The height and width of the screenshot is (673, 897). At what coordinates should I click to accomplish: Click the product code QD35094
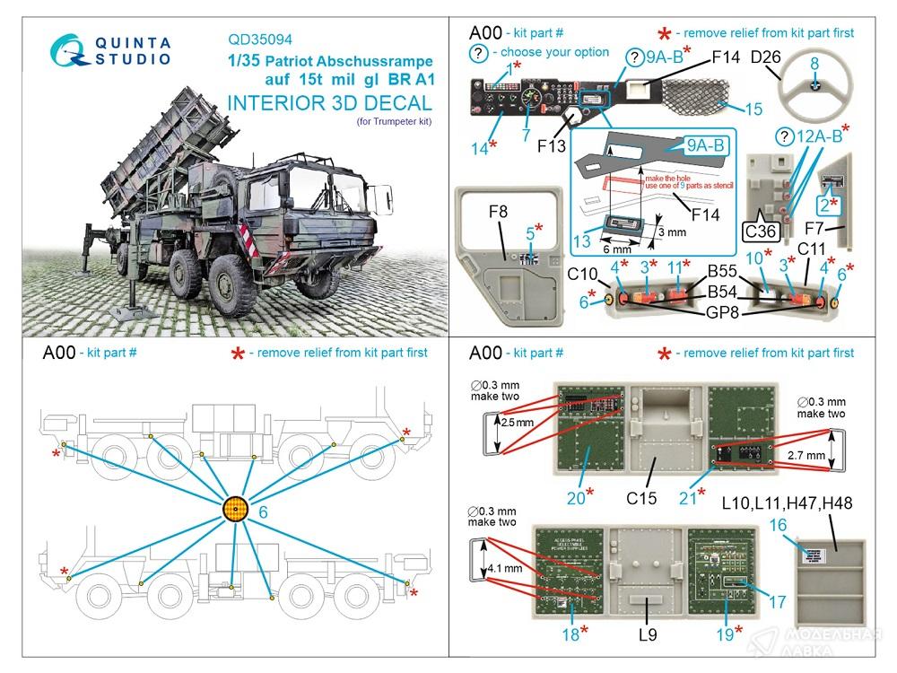point(266,39)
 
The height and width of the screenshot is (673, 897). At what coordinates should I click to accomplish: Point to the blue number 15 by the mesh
point(753,109)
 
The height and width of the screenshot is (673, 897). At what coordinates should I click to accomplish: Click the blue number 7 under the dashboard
point(527,135)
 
